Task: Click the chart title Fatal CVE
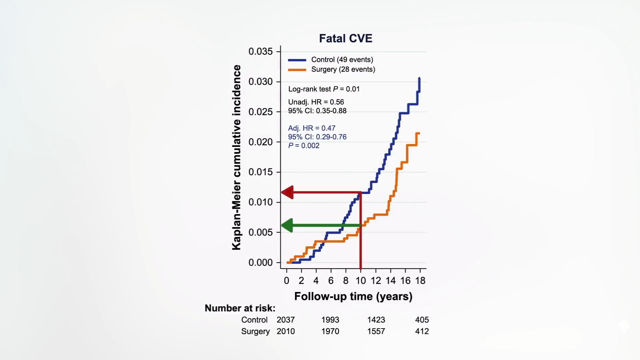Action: tap(346, 38)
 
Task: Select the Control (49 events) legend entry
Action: tap(342, 60)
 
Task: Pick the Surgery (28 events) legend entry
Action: tap(343, 69)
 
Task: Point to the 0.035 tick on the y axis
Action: tap(260, 51)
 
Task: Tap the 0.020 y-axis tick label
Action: tap(260, 142)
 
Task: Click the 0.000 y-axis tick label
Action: tap(260, 263)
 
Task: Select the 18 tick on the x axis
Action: tap(420, 281)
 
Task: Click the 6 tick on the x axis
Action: tap(331, 281)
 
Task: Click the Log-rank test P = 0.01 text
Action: tap(324, 89)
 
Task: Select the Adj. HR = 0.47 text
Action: tap(312, 128)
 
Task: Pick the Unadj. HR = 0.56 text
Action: tap(316, 102)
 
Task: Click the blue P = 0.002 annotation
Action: tap(304, 146)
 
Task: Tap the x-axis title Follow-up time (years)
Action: tap(353, 296)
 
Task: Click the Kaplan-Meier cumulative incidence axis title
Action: tap(236, 157)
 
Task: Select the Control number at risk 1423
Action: tap(376, 320)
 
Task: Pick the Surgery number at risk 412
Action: tap(422, 331)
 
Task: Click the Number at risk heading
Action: tap(240, 308)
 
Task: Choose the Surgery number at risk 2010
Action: tap(286, 331)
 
